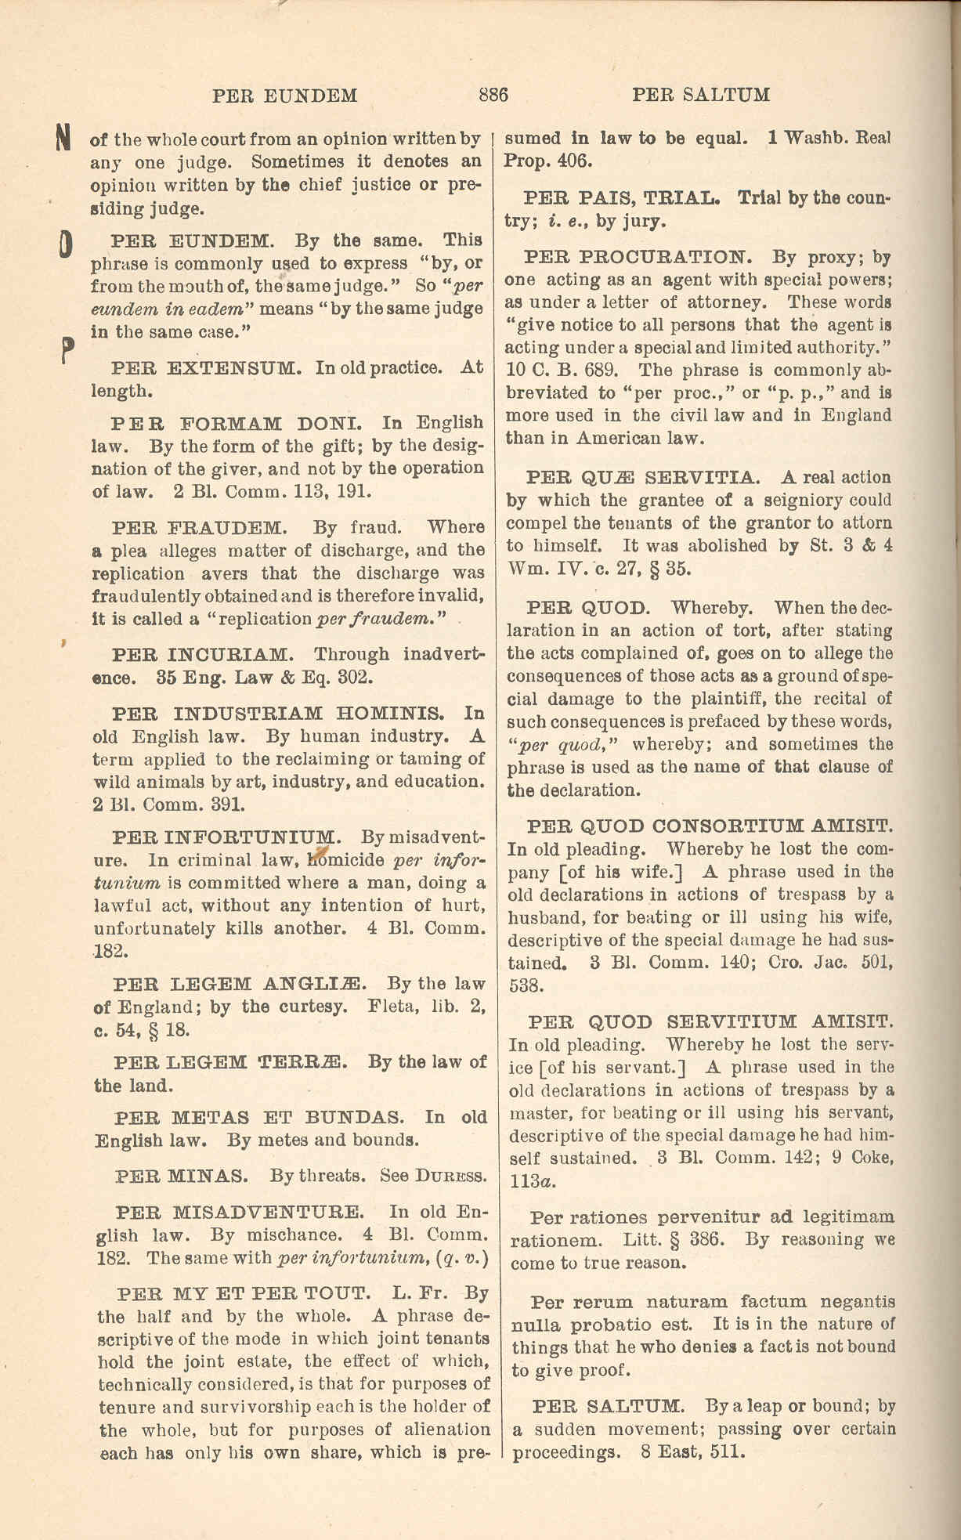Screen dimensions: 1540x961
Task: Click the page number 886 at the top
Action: coord(493,96)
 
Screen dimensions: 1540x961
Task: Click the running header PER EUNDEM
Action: coord(285,96)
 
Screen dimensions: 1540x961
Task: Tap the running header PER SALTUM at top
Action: coord(701,96)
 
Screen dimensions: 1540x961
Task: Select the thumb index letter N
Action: coord(65,138)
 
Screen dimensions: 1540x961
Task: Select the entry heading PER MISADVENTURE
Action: coord(239,1213)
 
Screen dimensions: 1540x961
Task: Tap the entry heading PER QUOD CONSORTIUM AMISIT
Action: coord(710,826)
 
